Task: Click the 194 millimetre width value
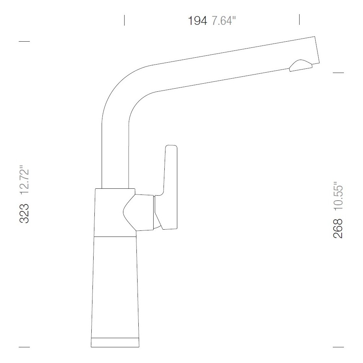tap(198, 21)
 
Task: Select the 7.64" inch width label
tap(224, 21)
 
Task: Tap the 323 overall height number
tap(24, 213)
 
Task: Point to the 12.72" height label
tap(24, 180)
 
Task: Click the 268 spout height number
tap(338, 228)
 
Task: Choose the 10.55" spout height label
tap(338, 197)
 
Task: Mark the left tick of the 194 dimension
tap(124, 20)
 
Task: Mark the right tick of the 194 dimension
tap(299, 19)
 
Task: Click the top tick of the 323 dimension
tap(24, 41)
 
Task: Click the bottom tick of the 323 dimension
tap(24, 347)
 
